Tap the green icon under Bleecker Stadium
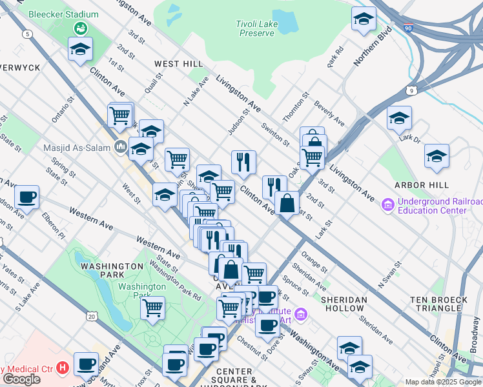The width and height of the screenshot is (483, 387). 81,28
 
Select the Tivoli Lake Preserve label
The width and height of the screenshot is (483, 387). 257,28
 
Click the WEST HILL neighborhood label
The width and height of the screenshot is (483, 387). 179,64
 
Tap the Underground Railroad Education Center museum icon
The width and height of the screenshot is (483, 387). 388,206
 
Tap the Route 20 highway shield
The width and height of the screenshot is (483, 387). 90,316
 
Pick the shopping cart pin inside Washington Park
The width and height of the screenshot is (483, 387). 152,308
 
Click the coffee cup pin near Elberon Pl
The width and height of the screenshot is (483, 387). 26,197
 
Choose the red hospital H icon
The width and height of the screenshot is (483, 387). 63,368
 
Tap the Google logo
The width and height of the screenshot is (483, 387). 22,379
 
